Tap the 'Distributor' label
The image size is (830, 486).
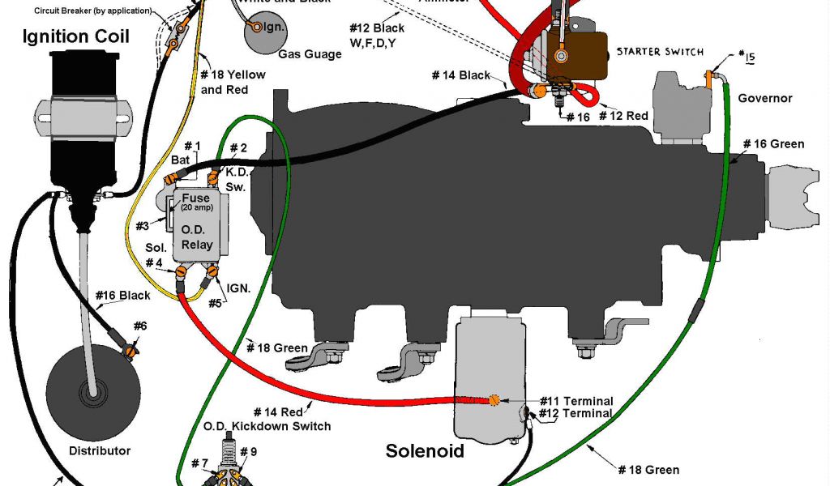tap(100, 450)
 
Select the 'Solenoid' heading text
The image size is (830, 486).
tap(425, 450)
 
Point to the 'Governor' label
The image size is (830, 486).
tap(764, 99)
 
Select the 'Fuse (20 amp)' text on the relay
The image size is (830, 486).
tap(195, 202)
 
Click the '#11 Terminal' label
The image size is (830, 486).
tap(577, 401)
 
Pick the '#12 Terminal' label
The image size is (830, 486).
tap(577, 413)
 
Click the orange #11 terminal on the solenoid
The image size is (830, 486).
tap(492, 399)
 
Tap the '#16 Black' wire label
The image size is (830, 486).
tap(122, 296)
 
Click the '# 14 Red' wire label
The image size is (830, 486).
tap(280, 411)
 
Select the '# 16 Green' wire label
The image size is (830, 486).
tap(774, 144)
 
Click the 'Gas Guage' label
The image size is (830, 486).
tap(310, 54)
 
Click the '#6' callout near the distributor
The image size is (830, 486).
tap(140, 326)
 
